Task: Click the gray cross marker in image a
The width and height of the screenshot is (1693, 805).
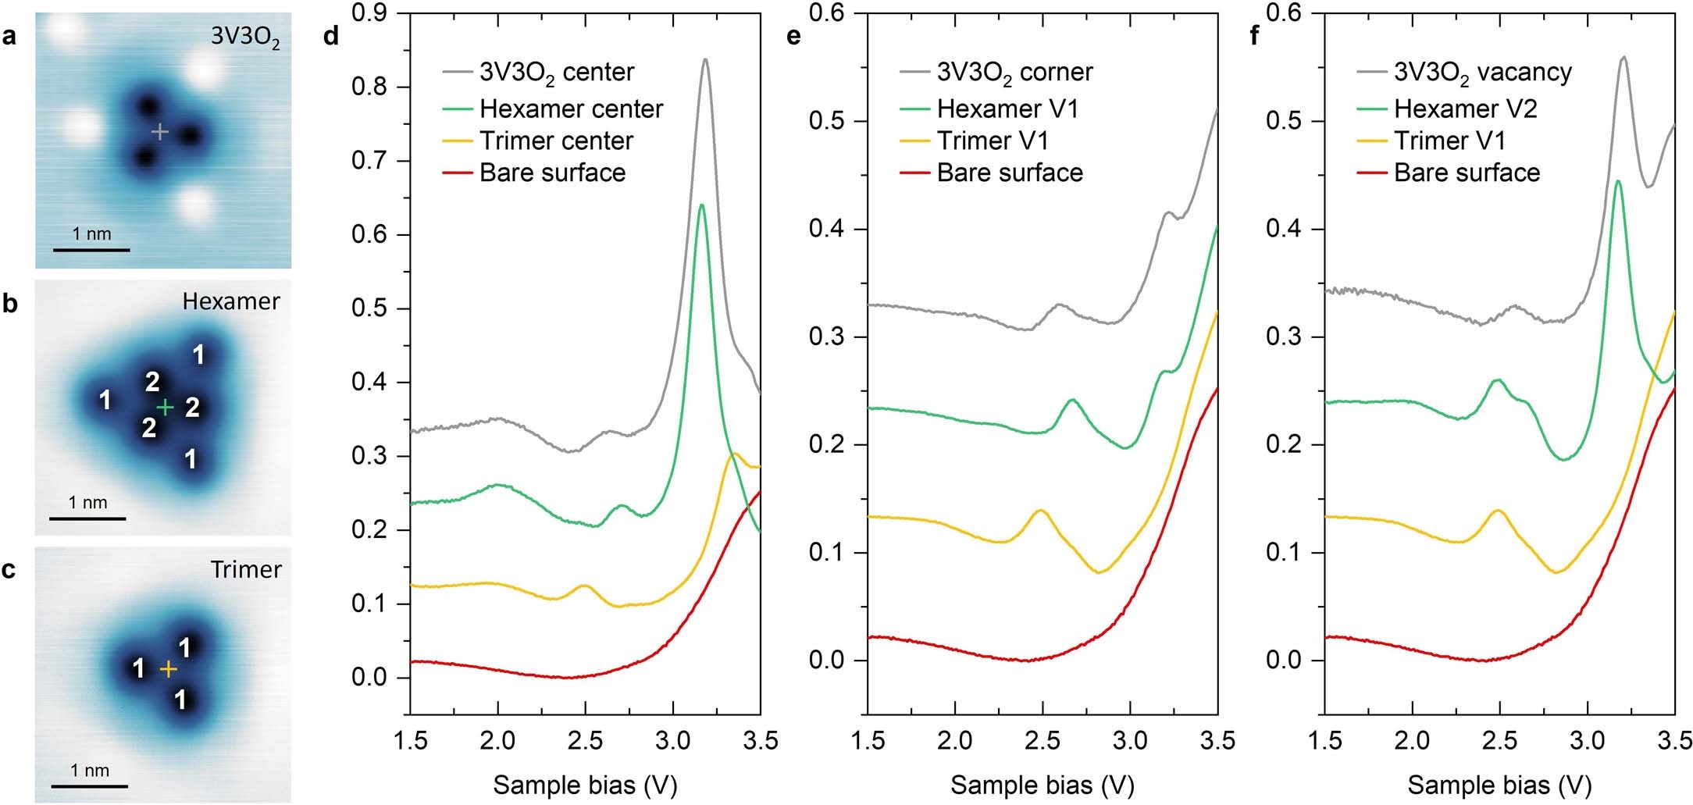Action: tap(159, 132)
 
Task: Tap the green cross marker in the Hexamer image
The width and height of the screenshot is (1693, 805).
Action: tap(165, 407)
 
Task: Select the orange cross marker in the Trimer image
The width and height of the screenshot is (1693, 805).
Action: tap(168, 669)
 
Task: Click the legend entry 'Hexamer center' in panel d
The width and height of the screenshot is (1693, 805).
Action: tap(571, 109)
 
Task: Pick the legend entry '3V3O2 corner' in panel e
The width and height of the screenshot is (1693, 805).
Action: tap(1014, 72)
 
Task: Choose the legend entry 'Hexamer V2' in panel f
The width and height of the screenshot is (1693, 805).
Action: tap(1465, 109)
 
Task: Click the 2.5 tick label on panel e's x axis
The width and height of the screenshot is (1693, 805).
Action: tap(1042, 740)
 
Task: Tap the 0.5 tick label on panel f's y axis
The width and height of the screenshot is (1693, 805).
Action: tap(1284, 121)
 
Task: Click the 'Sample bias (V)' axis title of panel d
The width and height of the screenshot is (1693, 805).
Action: tap(585, 785)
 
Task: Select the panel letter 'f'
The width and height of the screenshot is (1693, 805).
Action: tap(1254, 36)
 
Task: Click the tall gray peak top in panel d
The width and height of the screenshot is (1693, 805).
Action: tap(705, 59)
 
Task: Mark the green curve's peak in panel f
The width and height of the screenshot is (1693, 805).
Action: tap(1618, 181)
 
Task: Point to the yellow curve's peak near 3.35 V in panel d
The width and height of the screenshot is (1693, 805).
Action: tap(735, 454)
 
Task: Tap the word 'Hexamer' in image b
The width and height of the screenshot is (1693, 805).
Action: tap(230, 301)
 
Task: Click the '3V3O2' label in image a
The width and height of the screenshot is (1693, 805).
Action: tap(244, 37)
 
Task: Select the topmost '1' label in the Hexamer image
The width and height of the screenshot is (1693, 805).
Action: tap(198, 355)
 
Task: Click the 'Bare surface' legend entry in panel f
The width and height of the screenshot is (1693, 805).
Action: tap(1467, 173)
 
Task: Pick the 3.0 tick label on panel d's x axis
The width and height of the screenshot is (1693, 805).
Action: tap(672, 740)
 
